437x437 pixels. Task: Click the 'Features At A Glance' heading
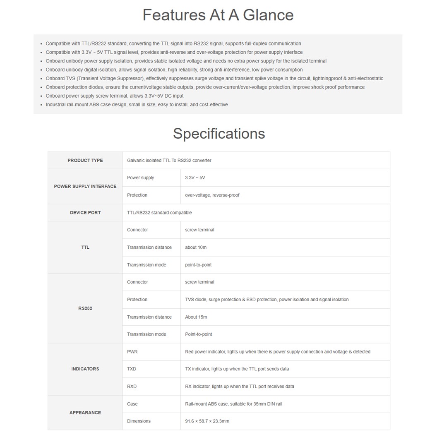click(218, 15)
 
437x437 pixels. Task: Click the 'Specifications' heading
click(219, 134)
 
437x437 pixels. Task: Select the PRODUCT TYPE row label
click(85, 161)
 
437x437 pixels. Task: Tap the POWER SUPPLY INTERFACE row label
click(85, 187)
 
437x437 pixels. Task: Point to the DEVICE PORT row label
click(85, 213)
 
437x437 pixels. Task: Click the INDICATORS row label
click(85, 369)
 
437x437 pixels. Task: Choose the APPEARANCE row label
click(85, 413)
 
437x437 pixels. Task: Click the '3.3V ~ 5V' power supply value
click(195, 178)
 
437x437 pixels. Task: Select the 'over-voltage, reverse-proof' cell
click(212, 195)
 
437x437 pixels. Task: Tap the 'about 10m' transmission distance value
click(196, 247)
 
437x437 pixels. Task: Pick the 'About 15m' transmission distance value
click(196, 317)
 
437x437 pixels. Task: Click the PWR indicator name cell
click(132, 352)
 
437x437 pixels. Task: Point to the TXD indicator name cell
click(132, 369)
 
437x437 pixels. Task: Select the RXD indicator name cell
click(132, 387)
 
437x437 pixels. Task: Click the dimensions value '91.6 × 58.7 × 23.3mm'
click(207, 421)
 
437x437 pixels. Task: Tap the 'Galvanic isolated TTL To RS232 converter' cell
click(169, 161)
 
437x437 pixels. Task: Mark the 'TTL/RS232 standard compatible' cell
click(159, 213)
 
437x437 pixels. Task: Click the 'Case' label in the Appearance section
click(132, 404)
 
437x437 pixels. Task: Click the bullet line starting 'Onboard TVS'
click(214, 79)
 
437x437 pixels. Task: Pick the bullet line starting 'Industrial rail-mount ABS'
click(137, 105)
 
